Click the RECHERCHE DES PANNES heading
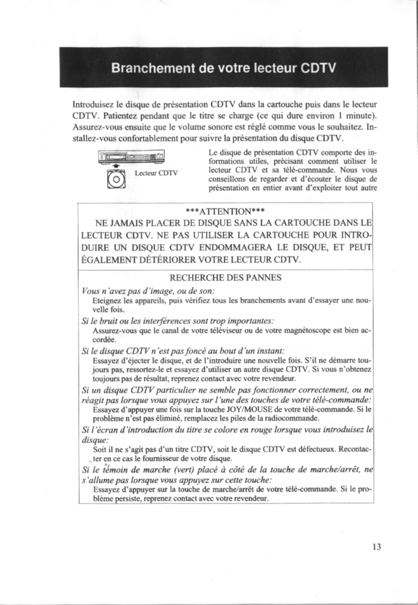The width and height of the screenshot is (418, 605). click(x=226, y=277)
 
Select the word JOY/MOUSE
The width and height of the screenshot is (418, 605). click(x=247, y=409)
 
